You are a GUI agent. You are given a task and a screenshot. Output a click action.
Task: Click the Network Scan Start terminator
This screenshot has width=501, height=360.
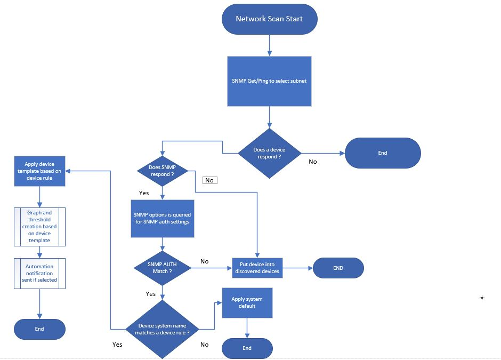click(269, 19)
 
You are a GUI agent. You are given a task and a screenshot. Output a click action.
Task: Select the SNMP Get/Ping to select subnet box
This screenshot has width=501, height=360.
click(269, 81)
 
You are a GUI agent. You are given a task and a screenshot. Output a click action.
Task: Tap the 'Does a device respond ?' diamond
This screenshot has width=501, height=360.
click(269, 153)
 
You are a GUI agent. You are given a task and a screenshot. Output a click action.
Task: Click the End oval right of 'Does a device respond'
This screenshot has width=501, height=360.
click(383, 153)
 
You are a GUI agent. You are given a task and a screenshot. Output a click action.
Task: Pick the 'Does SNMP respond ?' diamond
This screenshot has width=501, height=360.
click(162, 170)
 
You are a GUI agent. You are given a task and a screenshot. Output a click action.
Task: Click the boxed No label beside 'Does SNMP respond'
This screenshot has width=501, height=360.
click(209, 180)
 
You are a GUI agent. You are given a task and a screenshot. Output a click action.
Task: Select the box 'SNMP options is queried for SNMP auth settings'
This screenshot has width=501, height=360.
click(162, 218)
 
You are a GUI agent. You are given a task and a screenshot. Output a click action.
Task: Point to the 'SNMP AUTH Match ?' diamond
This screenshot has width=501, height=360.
click(162, 268)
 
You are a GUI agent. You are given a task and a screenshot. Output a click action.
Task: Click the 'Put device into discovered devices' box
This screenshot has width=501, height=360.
click(257, 268)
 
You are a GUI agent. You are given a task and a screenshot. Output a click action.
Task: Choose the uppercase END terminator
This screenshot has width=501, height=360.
click(338, 268)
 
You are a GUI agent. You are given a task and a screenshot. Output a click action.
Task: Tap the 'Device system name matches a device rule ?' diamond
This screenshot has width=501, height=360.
click(162, 329)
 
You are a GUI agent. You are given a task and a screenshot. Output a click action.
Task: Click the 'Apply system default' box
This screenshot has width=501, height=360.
click(247, 302)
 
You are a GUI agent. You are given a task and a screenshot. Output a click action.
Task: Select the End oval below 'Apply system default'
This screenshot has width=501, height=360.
click(247, 348)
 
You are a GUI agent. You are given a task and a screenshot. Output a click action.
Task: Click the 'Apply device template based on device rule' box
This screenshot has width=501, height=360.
click(39, 171)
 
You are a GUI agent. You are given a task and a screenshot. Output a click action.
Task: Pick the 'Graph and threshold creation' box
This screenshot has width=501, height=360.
click(39, 227)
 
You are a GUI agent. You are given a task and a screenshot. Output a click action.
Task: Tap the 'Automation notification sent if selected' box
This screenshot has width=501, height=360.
click(39, 273)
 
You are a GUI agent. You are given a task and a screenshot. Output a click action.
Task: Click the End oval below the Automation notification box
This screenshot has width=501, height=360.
click(39, 329)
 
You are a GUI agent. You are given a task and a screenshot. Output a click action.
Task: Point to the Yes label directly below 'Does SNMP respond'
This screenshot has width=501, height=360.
click(144, 193)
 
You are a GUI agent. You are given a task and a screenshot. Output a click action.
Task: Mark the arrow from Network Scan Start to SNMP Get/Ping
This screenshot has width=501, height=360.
click(269, 45)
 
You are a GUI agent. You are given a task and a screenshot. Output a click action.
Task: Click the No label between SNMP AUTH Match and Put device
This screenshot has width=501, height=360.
click(204, 261)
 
